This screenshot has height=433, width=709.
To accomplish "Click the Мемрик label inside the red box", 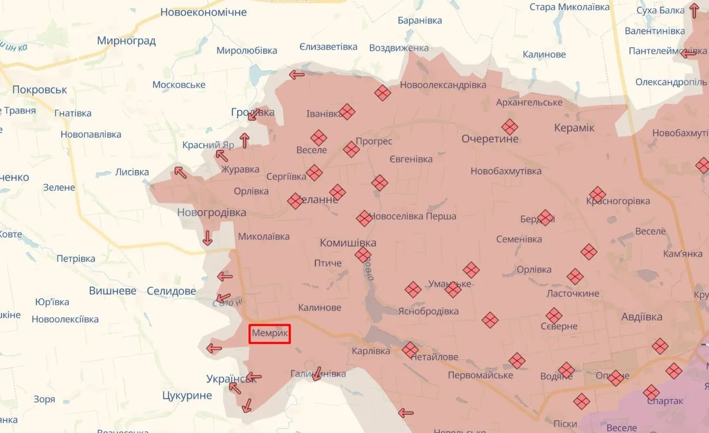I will tap(269, 334).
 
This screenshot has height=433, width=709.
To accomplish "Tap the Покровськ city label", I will tap(40, 90).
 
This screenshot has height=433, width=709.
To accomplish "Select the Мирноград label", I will tap(126, 41).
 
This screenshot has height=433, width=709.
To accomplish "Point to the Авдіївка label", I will tap(642, 317).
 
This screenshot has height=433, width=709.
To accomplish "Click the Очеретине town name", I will tap(490, 139).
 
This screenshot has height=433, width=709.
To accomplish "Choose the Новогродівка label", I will tap(211, 212).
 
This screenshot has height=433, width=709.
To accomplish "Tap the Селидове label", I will tap(171, 291).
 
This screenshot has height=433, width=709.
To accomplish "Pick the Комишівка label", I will tap(348, 243).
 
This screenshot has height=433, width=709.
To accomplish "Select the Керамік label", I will tap(574, 128).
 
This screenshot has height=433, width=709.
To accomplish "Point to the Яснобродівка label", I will tap(428, 311).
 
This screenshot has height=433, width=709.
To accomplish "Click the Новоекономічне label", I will tap(203, 12).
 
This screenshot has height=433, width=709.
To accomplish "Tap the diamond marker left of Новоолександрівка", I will tap(383, 93).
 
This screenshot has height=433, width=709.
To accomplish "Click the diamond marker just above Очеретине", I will tap(510, 127).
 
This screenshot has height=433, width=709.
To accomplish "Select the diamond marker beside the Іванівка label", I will tap(347, 111).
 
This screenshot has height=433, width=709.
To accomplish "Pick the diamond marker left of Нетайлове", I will tap(410, 350).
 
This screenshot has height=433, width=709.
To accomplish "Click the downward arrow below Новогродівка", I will tap(207, 239).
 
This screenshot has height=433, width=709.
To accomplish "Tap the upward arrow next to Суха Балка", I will tap(694, 11).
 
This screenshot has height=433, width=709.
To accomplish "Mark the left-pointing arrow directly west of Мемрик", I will tap(214, 349).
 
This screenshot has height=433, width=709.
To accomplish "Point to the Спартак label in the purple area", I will tap(664, 401).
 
